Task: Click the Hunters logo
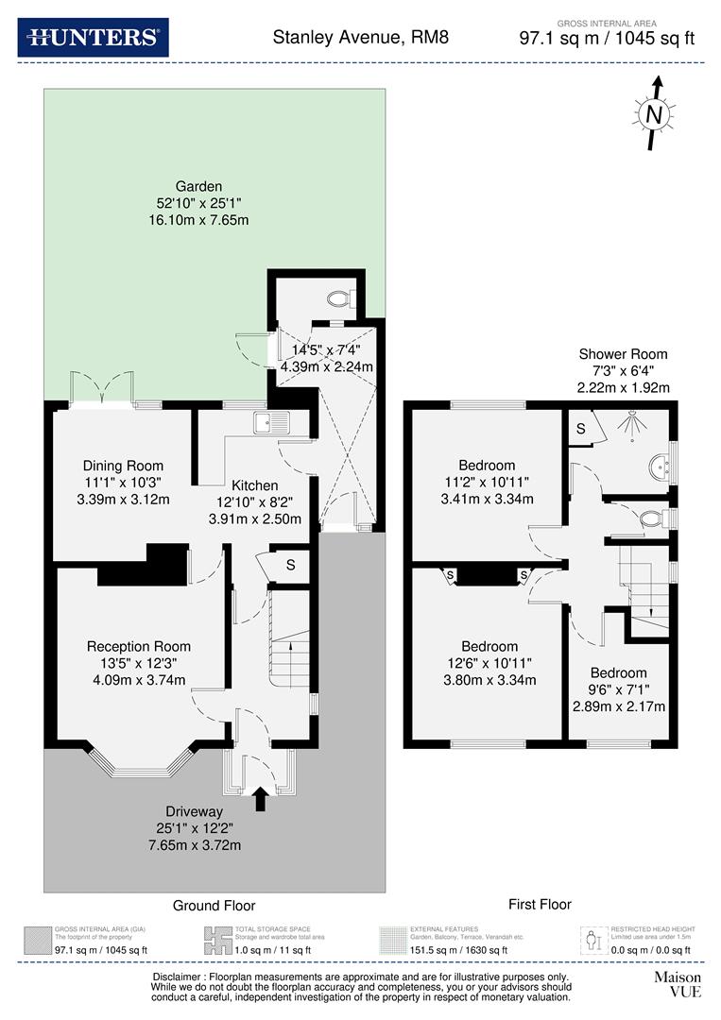click(93, 38)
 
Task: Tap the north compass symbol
click(653, 114)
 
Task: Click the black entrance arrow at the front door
click(261, 800)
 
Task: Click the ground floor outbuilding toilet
click(340, 299)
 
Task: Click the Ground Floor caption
click(214, 906)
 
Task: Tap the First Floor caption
click(540, 905)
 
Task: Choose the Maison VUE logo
click(678, 984)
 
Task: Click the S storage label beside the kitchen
click(291, 566)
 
